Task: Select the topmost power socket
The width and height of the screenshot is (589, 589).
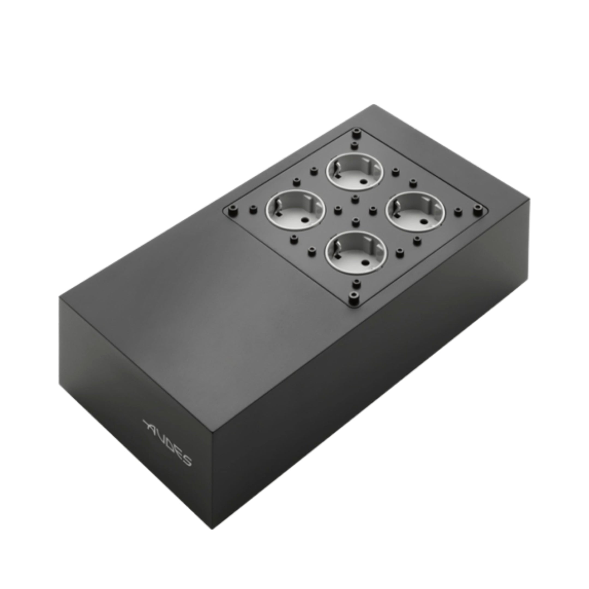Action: coord(355,172)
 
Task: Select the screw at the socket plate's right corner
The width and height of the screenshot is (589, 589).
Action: coord(477,209)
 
